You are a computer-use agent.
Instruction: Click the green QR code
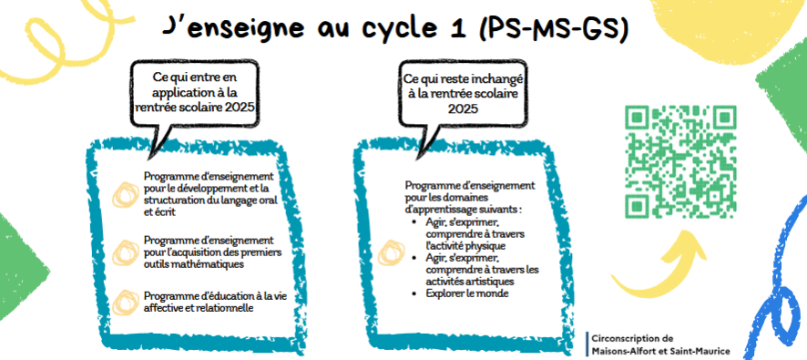[x=680, y=160]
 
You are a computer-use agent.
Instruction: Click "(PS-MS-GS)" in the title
[x=552, y=29]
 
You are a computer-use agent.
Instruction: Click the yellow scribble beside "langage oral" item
[x=123, y=193]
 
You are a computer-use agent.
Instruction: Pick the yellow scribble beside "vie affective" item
[x=123, y=302]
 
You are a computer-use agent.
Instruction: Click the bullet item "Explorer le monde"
[x=467, y=294]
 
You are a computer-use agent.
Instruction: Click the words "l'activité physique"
[x=465, y=246]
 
